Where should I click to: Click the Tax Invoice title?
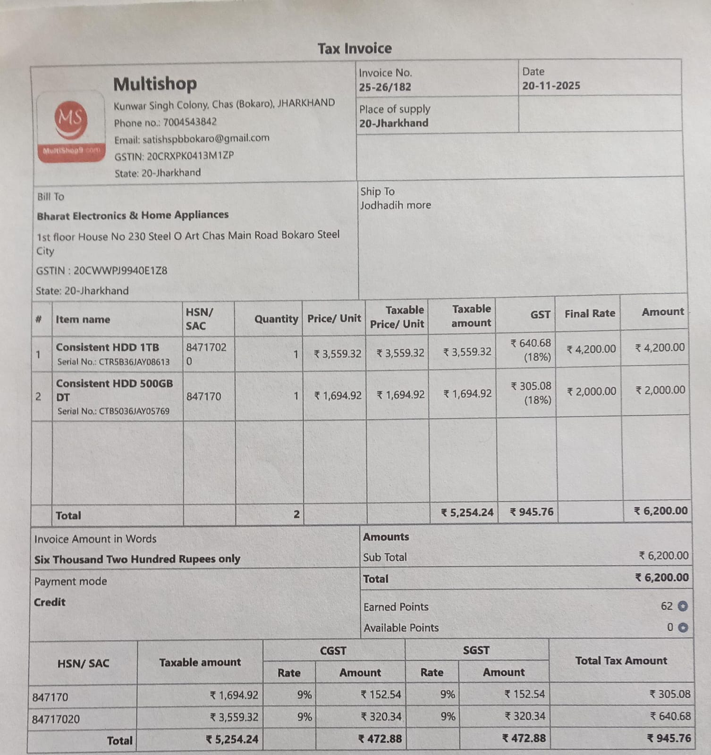[x=355, y=49]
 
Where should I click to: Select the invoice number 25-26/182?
[x=385, y=87]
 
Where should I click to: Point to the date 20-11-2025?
[x=551, y=86]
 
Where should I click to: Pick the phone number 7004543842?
[x=190, y=122]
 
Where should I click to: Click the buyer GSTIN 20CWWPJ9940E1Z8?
[x=120, y=271]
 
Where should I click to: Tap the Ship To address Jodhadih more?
[x=396, y=205]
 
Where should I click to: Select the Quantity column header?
[x=276, y=319]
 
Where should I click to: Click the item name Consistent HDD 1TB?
[x=108, y=348]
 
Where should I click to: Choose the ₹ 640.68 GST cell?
[x=531, y=344]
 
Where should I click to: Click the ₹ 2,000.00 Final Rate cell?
[x=592, y=392]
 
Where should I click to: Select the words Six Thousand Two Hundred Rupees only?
[x=137, y=560]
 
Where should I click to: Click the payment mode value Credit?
[x=50, y=603]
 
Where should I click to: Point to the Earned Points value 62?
[x=667, y=606]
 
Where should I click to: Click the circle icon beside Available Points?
[x=683, y=628]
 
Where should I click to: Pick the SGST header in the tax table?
[x=476, y=651]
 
